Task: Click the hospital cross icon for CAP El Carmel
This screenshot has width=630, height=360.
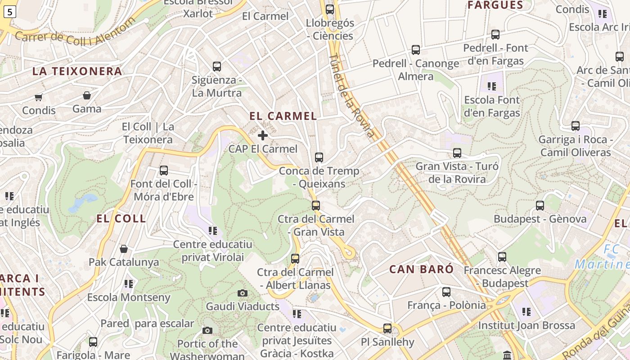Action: (263, 135)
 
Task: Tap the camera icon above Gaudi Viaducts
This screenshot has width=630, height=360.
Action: (243, 293)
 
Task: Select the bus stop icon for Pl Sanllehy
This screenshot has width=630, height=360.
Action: (387, 328)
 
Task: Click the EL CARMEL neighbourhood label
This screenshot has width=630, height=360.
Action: (283, 116)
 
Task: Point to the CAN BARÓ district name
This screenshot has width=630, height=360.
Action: (422, 269)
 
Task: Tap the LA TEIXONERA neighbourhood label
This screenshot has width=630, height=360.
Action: (77, 71)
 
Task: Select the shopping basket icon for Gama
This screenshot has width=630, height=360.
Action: (86, 95)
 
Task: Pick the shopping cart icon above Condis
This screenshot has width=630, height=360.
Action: (39, 97)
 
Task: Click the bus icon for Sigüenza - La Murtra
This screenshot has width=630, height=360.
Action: (217, 67)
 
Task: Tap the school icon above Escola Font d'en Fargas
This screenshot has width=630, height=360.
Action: (491, 86)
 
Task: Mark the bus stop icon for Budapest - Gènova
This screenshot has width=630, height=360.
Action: (540, 206)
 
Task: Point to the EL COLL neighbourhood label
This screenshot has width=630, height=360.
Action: (121, 219)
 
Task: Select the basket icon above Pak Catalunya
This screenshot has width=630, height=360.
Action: (124, 249)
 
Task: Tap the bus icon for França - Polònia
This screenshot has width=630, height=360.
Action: (446, 292)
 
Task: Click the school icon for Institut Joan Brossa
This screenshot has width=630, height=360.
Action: (526, 311)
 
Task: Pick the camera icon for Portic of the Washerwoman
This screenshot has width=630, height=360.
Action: (207, 331)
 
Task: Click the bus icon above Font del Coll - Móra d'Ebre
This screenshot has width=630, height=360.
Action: (164, 171)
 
